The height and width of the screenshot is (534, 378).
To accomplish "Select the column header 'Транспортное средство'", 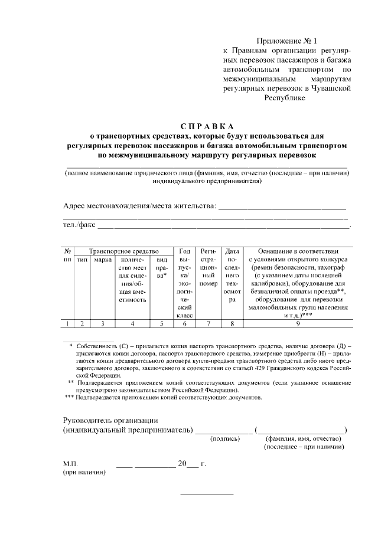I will (120, 252).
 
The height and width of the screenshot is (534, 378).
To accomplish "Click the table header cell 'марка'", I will (103, 260).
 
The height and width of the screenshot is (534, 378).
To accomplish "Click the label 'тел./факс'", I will (79, 224).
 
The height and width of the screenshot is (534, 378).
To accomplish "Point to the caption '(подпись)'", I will (225, 438).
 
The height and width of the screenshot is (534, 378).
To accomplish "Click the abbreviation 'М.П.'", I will (70, 464).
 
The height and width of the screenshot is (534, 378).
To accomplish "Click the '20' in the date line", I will (183, 463).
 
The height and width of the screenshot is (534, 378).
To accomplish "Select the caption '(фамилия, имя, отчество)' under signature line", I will (304, 438).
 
